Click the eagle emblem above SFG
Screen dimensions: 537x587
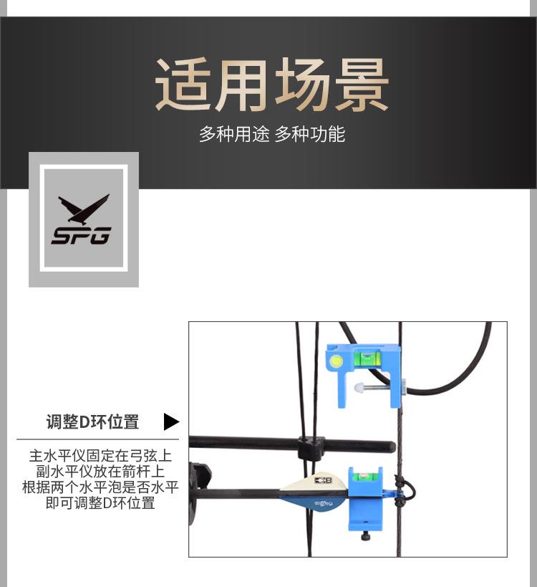click(84, 209)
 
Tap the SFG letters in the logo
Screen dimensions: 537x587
click(81, 235)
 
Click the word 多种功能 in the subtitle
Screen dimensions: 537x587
click(310, 134)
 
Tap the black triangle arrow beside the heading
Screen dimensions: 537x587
click(170, 421)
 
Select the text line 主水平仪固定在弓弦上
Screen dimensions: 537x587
click(100, 456)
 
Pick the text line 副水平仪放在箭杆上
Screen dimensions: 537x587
click(100, 472)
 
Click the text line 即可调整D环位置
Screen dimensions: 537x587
click(100, 503)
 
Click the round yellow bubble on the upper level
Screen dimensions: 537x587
click(337, 363)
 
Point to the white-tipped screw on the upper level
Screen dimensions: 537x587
click(360, 388)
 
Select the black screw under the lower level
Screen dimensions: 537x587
click(367, 535)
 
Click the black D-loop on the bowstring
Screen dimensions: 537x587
click(406, 490)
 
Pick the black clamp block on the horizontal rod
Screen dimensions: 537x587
click(311, 449)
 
